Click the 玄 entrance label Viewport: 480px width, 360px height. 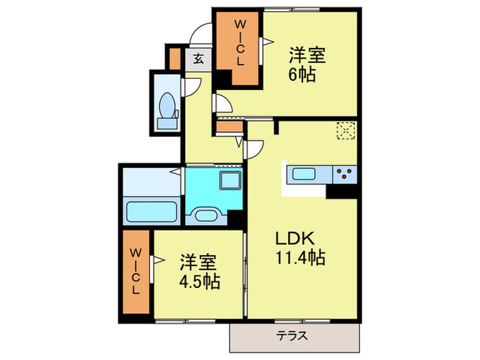click(199, 60)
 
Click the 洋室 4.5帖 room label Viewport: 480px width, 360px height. click(200, 272)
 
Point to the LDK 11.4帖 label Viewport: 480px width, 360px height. click(300, 249)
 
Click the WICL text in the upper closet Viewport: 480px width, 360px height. click(240, 43)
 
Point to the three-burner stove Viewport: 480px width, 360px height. click(344, 174)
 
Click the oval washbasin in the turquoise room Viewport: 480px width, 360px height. click(206, 216)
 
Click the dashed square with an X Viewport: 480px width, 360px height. click(345, 130)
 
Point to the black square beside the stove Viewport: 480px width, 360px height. click(341, 191)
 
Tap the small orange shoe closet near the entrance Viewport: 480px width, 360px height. click(174, 57)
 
